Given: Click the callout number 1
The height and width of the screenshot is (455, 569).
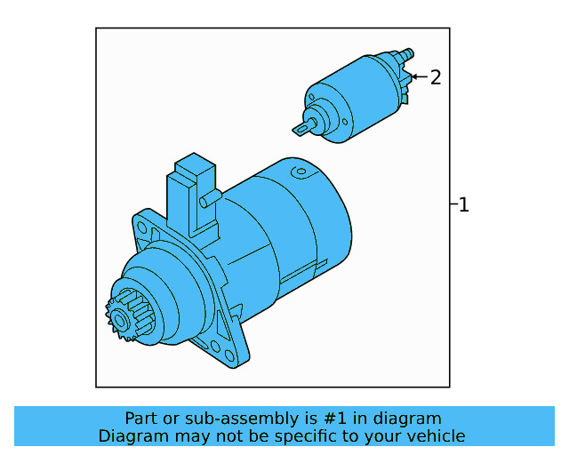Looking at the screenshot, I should tap(463, 205).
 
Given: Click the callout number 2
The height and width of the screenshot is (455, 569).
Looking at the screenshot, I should tap(435, 78).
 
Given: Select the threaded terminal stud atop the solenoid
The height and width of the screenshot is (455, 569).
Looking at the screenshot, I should tap(407, 55).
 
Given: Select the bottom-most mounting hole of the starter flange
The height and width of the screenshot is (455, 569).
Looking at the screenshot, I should tap(218, 347).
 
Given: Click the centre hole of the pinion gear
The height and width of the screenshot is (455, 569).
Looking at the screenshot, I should tap(115, 317).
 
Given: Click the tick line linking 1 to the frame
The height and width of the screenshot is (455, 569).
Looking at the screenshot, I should tap(453, 205).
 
